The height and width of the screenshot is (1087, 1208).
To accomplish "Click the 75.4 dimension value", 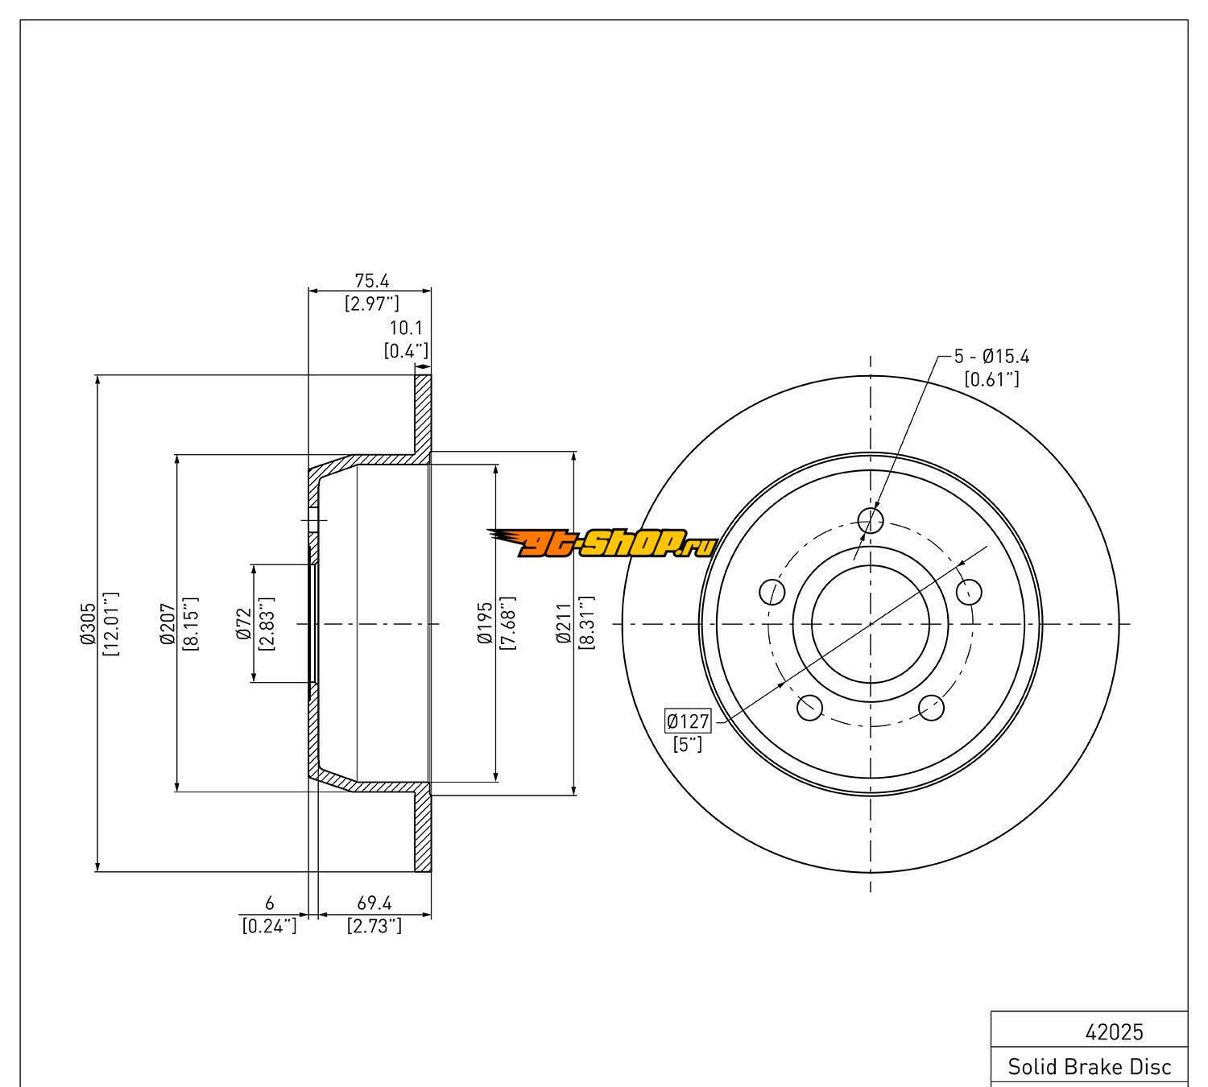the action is [x=371, y=281].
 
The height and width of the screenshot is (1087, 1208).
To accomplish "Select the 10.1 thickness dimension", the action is [x=406, y=328].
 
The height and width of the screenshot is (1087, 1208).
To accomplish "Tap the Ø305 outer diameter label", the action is [x=88, y=623].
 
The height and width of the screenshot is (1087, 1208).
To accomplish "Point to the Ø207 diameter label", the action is [x=168, y=623].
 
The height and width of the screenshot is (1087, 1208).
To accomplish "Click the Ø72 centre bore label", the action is [x=243, y=623].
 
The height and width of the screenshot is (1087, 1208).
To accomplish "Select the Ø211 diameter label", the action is [x=563, y=623].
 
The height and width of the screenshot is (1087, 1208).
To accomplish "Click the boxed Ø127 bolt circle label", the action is [x=688, y=721].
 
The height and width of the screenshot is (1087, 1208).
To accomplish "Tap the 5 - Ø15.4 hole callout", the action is [x=992, y=357].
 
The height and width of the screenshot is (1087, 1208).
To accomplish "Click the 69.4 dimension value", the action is [x=374, y=903].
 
